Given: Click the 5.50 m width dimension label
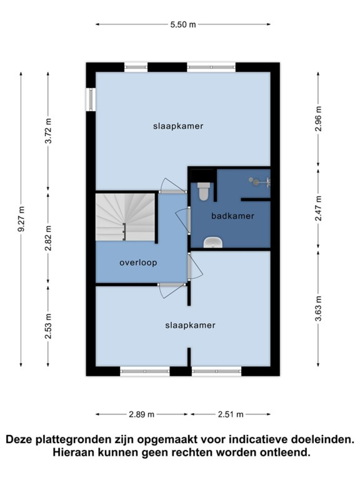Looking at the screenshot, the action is [183, 25].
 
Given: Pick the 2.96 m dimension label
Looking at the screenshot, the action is [318, 118].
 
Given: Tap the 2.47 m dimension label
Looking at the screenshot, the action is [318, 208].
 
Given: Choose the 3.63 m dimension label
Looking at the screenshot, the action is [318, 308].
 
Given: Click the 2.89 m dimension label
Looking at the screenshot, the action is [141, 414].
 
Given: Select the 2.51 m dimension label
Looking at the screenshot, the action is [231, 414].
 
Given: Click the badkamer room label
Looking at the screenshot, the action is [232, 216].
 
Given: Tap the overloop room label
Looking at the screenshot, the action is [138, 262].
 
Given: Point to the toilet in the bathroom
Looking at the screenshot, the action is [203, 191].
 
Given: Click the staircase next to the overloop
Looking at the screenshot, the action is [125, 217].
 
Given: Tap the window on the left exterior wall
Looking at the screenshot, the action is [91, 100].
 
